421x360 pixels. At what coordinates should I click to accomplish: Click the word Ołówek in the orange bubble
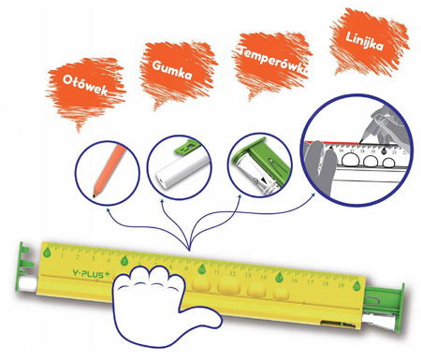pyautogui.click(x=85, y=84)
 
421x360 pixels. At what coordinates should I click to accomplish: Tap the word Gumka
pyautogui.click(x=172, y=70)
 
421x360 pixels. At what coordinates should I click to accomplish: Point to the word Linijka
pyautogui.click(x=365, y=41)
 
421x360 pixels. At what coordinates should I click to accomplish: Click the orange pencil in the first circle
pyautogui.click(x=109, y=171)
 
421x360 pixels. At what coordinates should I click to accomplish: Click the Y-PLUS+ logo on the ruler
pyautogui.click(x=91, y=274)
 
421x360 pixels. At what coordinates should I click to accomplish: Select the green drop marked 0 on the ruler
pyautogui.click(x=47, y=252)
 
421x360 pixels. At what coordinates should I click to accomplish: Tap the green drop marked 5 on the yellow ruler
pyautogui.click(x=124, y=261)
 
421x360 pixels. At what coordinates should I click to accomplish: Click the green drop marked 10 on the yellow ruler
pyautogui.click(x=202, y=268)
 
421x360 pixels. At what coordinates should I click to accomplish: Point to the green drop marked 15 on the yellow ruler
pyautogui.click(x=279, y=277)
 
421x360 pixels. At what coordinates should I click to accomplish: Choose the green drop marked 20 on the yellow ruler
pyautogui.click(x=356, y=285)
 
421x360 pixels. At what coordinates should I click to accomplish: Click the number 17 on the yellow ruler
pyautogui.click(x=310, y=281)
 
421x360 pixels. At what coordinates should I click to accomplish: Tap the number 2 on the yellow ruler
pyautogui.click(x=78, y=257)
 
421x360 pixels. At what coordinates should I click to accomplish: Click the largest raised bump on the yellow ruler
pyautogui.click(x=229, y=285)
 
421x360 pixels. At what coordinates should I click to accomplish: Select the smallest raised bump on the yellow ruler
pyautogui.click(x=282, y=294)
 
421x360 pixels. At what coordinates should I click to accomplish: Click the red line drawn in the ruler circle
pyautogui.click(x=331, y=142)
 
